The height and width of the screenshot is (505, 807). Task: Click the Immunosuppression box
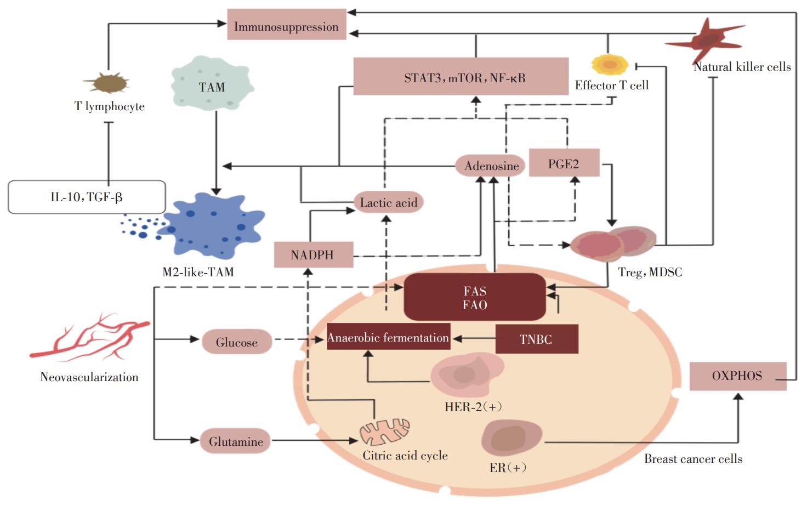click(x=286, y=25)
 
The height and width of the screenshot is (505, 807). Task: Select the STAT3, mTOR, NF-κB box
click(x=461, y=77)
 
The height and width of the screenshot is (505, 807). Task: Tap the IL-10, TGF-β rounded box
click(x=87, y=197)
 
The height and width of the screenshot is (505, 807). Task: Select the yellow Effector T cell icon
click(x=610, y=64)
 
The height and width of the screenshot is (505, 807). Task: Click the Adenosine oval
click(x=491, y=166)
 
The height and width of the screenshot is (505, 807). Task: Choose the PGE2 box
click(x=564, y=163)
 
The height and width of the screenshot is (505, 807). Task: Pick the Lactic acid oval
click(x=388, y=202)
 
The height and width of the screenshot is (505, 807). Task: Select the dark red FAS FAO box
click(x=475, y=297)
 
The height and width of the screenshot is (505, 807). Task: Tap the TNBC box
click(x=536, y=339)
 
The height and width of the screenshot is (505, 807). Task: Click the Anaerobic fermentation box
click(x=388, y=337)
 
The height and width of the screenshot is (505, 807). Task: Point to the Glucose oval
click(x=236, y=342)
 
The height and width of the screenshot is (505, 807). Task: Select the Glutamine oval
click(x=236, y=441)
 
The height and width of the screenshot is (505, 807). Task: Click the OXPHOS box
click(x=737, y=376)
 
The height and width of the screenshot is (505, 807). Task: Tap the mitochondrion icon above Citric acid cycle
click(x=385, y=432)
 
